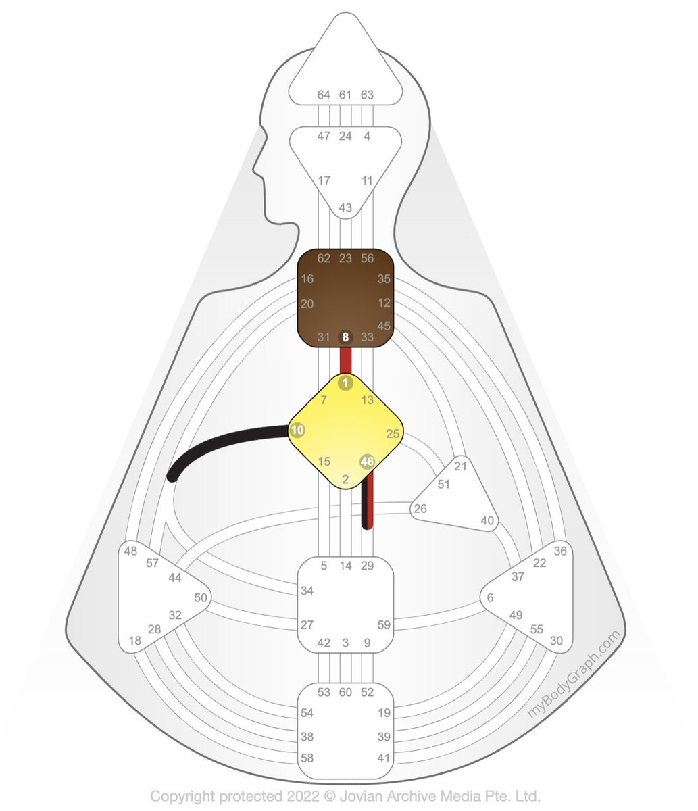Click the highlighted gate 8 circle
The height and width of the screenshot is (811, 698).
[x=345, y=336]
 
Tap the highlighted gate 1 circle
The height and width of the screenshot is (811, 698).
[x=345, y=383]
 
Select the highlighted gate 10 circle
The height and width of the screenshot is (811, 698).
[x=297, y=429]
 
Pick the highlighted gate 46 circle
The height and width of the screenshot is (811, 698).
[x=367, y=461]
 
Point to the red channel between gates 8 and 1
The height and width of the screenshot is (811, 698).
[x=345, y=359]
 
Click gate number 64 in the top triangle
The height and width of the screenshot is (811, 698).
[x=324, y=95]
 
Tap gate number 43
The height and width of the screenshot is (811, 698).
[x=345, y=207]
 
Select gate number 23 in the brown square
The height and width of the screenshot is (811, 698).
[x=345, y=257]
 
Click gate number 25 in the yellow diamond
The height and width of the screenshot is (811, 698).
[x=393, y=433]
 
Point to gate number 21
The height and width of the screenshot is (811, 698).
[x=460, y=466]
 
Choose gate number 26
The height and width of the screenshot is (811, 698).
[x=420, y=508]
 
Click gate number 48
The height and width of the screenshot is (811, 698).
[x=130, y=551]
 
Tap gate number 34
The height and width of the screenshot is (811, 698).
[x=307, y=591]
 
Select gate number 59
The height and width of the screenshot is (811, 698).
[x=384, y=625]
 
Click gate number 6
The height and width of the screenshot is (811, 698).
[x=490, y=597]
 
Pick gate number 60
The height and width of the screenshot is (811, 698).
[x=345, y=692]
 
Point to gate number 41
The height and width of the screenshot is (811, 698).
[x=384, y=758]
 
